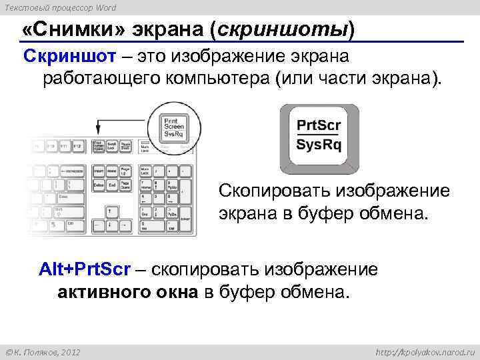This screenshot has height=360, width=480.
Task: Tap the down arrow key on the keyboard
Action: point(109,227)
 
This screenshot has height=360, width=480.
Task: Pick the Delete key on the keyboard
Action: point(98,184)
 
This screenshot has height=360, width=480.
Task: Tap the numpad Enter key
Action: point(187,219)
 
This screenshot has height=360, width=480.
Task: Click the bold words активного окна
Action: point(128,292)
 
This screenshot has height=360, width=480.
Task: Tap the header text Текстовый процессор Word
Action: point(58,7)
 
